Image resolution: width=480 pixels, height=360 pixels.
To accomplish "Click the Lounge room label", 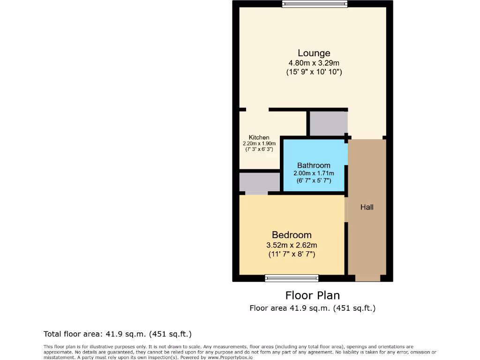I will pos(314,53).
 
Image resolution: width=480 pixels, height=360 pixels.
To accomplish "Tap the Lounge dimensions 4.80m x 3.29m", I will pos(314,63).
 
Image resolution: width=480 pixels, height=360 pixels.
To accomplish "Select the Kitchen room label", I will pos(259,137).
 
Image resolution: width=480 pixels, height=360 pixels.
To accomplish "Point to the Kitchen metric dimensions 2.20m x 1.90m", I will pos(259,143).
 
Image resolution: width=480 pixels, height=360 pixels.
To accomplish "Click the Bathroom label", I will pos(314,165).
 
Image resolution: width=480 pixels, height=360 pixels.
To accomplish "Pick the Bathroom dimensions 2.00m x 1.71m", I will pos(314,173).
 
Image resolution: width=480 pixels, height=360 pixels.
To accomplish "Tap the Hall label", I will pos(367,207).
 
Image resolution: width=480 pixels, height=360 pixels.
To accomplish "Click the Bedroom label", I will pos(292,235).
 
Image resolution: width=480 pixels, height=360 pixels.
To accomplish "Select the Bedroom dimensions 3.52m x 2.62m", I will pos(292,245).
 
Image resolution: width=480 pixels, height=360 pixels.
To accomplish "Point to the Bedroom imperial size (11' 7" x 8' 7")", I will pos(292,254).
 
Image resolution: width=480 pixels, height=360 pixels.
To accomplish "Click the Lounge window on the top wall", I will pos(315,4).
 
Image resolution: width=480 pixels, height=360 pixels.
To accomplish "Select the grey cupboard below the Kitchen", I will pos(259,182).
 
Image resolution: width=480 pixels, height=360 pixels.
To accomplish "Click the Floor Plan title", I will pos(313,295).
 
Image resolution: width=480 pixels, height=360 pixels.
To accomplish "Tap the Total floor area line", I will pos(118,334).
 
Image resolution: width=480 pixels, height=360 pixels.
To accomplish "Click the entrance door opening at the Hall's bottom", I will pos(367,278).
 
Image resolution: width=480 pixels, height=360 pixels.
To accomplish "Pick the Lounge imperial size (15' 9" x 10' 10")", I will pos(314,72).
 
